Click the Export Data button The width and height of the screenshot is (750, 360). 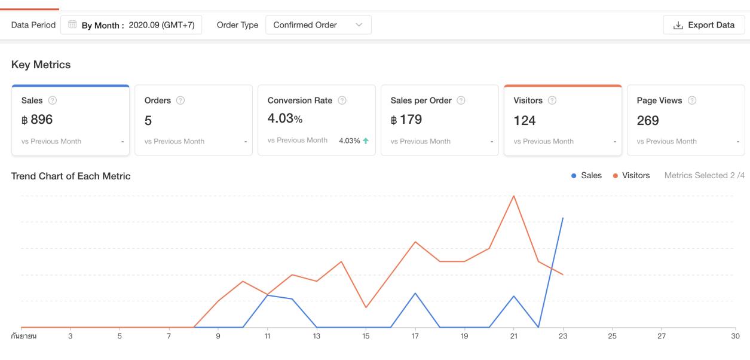pos(703,25)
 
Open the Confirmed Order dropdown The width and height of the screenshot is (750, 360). pos(318,25)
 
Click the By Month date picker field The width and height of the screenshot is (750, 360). pos(131,25)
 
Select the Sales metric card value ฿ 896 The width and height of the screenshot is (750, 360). pos(37,120)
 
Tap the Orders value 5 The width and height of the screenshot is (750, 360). pos(148,121)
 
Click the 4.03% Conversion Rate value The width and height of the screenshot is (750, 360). pos(285,118)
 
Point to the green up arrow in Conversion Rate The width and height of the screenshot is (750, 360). pos(365,141)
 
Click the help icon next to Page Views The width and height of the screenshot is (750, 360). pos(693,100)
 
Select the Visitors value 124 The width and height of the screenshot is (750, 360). pos(525,121)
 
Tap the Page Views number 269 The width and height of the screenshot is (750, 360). pos(648,121)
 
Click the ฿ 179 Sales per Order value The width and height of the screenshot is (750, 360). pos(406,120)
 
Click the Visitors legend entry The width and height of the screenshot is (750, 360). pos(631,176)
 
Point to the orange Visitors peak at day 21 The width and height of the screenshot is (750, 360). pos(513,196)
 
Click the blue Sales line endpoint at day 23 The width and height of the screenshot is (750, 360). pos(563,218)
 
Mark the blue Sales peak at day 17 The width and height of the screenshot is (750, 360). pos(415,293)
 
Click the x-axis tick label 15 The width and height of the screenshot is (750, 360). pos(366,337)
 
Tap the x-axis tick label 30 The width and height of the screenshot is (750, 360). pos(736,337)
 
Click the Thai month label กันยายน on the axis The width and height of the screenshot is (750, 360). pos(24,337)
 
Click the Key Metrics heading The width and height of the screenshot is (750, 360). pos(41,65)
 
